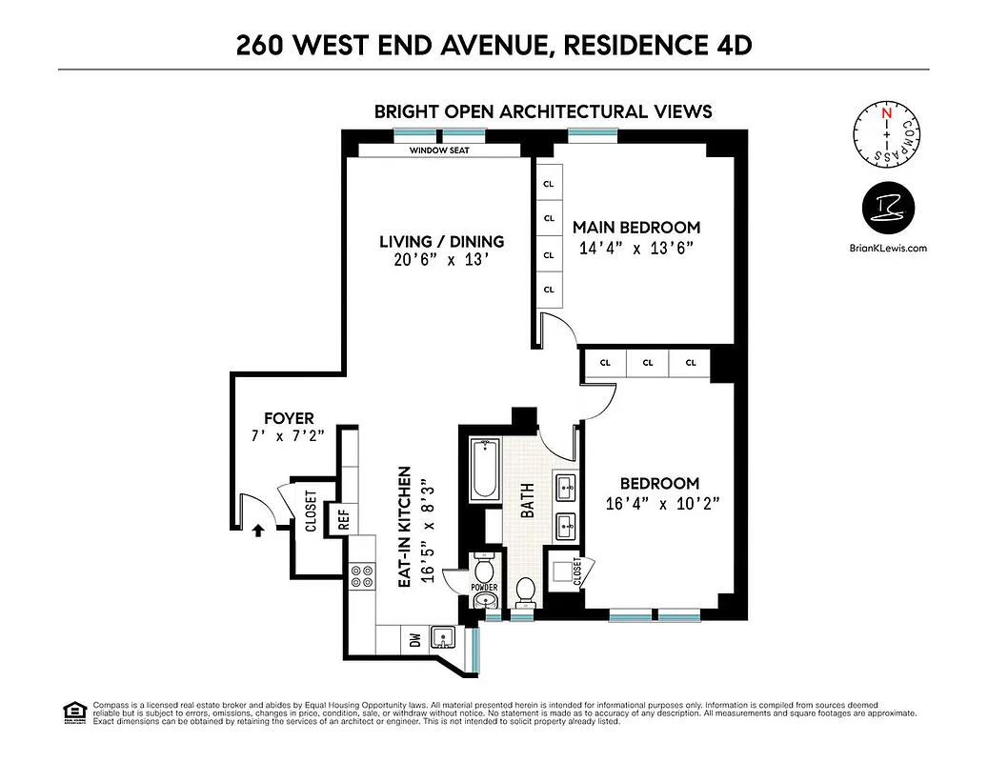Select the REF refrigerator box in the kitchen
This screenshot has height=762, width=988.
point(343,519)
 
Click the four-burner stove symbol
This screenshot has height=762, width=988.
point(362,576)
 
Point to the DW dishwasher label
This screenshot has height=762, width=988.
point(414,640)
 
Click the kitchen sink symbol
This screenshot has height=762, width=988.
point(442,638)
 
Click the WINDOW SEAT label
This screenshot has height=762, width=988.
point(438,150)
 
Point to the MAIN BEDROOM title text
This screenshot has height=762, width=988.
point(635,228)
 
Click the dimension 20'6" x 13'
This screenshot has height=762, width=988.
point(441,260)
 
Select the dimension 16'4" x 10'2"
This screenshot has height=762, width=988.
point(660,504)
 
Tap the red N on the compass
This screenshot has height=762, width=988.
point(886,112)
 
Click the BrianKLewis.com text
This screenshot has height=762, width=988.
point(888,248)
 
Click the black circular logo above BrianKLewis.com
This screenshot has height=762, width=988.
point(888,209)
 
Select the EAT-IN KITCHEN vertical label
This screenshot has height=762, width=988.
point(404,526)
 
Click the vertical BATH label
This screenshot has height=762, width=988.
point(528,499)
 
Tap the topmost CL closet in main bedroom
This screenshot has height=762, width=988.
point(549,183)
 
